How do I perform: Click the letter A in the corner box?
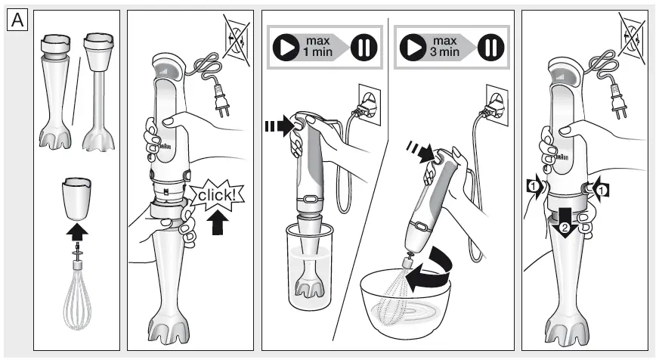17,19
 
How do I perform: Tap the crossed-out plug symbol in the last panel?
633,35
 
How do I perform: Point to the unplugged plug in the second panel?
220,100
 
